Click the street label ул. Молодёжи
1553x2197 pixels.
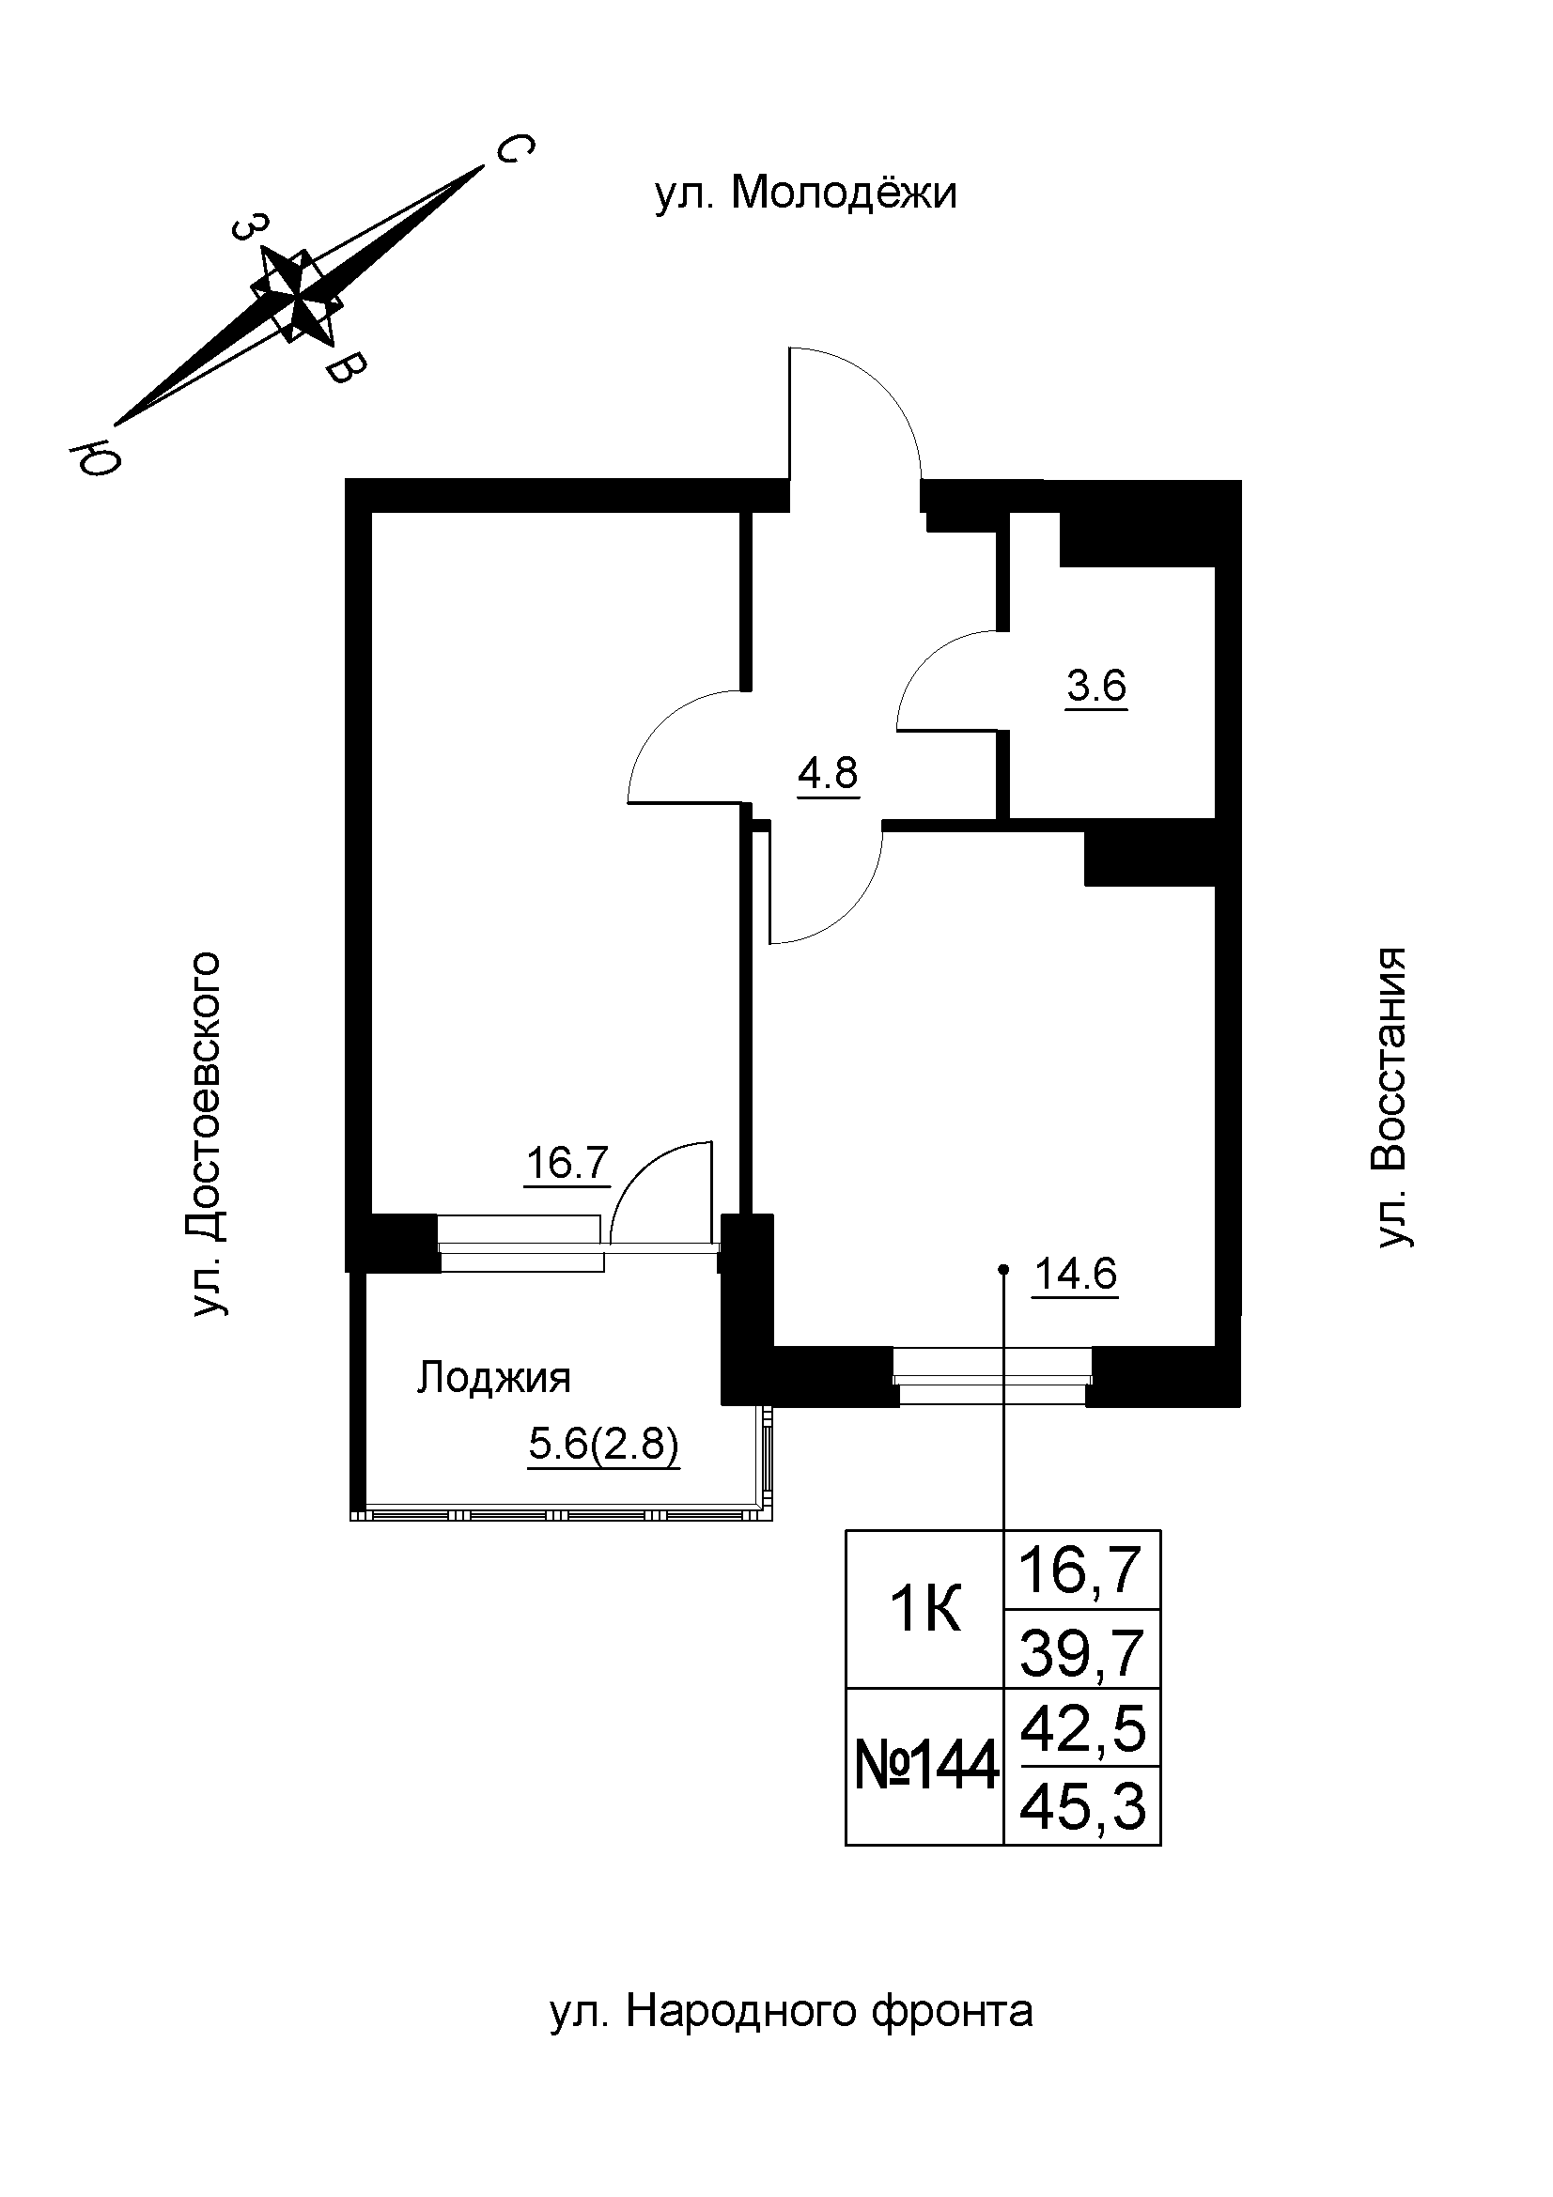tap(806, 194)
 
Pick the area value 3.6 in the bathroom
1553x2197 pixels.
tap(1096, 686)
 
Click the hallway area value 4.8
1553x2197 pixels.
tap(829, 772)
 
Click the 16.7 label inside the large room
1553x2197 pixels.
tap(567, 1164)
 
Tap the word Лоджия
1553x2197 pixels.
tap(494, 1379)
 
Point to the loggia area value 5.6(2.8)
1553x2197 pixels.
tap(604, 1445)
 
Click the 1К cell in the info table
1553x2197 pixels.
tap(924, 1612)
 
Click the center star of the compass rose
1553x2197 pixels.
tap(297, 295)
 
